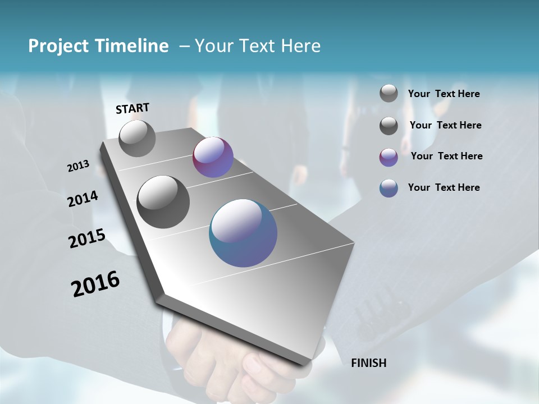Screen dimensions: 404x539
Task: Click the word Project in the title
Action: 57,46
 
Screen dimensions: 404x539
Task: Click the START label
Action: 133,108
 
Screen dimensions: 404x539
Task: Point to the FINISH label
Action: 368,363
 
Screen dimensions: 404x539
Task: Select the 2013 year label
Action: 78,166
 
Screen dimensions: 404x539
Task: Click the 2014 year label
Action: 83,199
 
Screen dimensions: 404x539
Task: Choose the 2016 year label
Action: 95,284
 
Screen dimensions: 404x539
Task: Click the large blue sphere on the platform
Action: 243,233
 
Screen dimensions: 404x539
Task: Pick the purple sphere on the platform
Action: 213,157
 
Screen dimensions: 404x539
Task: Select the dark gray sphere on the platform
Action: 163,202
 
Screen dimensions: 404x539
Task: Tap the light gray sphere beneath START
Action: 137,139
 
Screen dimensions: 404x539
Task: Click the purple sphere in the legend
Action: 389,157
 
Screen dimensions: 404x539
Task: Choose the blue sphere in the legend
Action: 389,188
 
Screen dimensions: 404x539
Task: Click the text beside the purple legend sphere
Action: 446,156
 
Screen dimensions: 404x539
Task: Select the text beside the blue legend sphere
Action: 444,187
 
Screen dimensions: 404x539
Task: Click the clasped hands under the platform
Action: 236,365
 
